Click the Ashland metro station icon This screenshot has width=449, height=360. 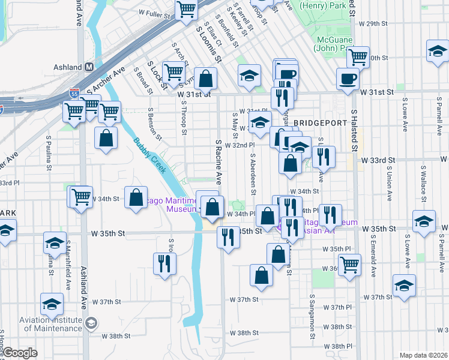click(x=88, y=67)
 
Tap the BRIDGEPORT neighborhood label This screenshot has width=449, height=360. click(x=321, y=122)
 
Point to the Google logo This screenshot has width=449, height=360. click(x=20, y=353)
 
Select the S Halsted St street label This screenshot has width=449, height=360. click(x=354, y=130)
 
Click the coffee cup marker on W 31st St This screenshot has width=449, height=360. click(x=348, y=79)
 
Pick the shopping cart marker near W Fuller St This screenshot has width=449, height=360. click(x=187, y=10)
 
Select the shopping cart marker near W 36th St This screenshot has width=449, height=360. click(x=349, y=265)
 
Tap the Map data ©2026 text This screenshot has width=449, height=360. click(x=423, y=355)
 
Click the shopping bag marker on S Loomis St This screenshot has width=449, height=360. click(x=205, y=79)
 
